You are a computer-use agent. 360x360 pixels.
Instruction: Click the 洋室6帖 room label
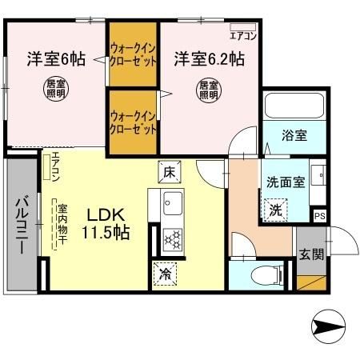pos(56,58)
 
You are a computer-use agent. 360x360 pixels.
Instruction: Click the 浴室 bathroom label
pos(294,135)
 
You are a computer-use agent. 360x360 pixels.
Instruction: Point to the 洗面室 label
pos(286,182)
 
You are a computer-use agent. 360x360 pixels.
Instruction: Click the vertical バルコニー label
pos(22,225)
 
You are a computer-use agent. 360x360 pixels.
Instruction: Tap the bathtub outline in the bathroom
pos(293,106)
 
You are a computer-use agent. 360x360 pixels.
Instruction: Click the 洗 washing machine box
pos(274,210)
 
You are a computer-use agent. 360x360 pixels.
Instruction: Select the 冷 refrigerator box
pos(166,273)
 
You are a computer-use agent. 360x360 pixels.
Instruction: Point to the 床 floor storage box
pos(170,170)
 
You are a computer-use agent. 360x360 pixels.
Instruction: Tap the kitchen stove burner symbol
pos(172,238)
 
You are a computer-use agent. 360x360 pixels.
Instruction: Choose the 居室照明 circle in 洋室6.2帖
pos(208,90)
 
